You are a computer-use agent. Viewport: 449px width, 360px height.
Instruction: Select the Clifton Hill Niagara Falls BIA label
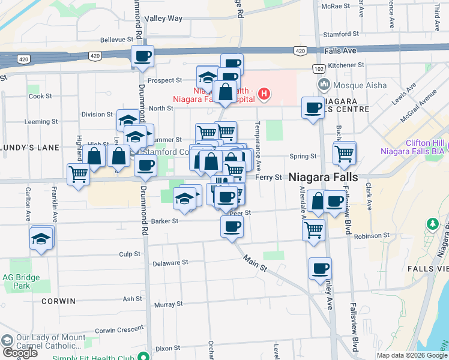pyautogui.click(x=411, y=147)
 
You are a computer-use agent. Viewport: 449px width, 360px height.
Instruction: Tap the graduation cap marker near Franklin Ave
pyautogui.click(x=41, y=239)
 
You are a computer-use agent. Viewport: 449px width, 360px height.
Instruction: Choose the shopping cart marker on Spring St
pyautogui.click(x=345, y=154)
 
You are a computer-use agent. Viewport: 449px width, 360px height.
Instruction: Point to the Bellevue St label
pyautogui.click(x=116, y=40)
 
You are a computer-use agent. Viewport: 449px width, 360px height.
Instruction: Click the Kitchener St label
pyautogui.click(x=346, y=65)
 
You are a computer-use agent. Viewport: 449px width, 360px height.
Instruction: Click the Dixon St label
pyautogui.click(x=167, y=348)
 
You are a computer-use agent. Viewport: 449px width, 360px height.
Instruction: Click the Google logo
pyautogui.click(x=20, y=353)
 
